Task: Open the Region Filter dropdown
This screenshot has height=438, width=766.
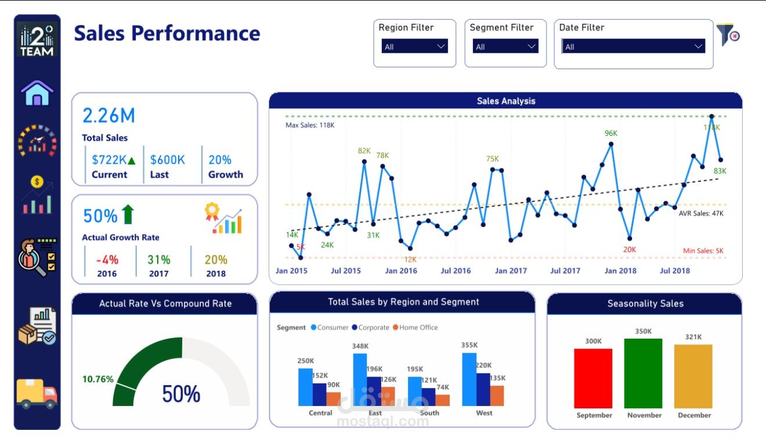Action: click(414, 46)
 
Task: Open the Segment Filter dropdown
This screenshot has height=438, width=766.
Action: click(505, 46)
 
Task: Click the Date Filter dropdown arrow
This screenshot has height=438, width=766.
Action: click(698, 46)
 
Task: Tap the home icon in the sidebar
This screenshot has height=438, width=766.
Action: click(37, 93)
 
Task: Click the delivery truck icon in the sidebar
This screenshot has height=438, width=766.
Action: click(37, 394)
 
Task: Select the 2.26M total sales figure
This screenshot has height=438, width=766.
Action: click(109, 116)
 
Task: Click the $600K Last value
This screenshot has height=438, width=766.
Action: click(167, 160)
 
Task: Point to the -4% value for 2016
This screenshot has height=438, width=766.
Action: click(107, 260)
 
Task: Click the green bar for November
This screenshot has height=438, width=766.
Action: click(643, 373)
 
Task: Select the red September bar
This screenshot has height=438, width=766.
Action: click(593, 378)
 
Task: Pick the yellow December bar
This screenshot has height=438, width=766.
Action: click(693, 376)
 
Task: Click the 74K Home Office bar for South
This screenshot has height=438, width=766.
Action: click(442, 400)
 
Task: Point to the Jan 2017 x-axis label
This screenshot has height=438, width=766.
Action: click(511, 271)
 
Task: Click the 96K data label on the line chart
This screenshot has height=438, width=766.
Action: click(610, 133)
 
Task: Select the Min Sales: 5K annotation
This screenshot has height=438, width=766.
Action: click(703, 251)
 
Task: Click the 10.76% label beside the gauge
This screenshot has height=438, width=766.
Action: click(97, 379)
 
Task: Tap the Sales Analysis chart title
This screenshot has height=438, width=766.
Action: click(505, 101)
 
